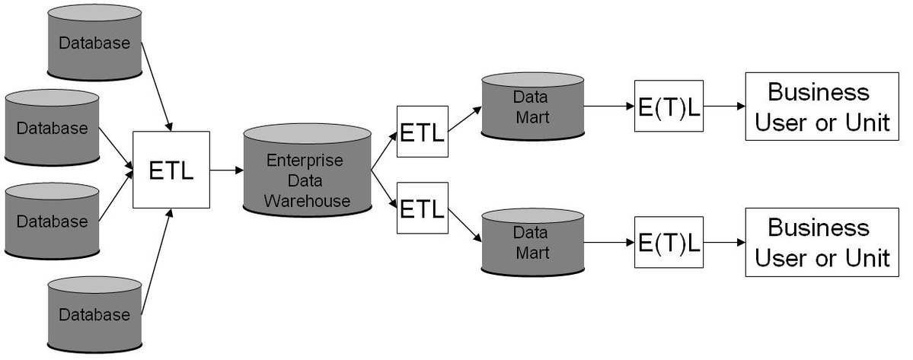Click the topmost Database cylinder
(94, 43)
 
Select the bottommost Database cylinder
(94, 314)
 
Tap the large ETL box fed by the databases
(171, 170)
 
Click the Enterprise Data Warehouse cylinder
(308, 170)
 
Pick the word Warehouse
(308, 201)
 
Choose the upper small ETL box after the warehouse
(423, 132)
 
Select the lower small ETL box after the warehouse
(423, 209)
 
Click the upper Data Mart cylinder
(533, 107)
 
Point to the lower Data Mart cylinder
(533, 243)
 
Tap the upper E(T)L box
(669, 106)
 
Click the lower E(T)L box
(669, 242)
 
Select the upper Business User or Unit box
(822, 107)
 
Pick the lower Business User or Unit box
(822, 243)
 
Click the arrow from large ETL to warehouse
(226, 170)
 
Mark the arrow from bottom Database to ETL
(157, 262)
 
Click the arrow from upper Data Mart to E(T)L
(609, 107)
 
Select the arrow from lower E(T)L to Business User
(725, 243)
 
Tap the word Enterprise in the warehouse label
(305, 160)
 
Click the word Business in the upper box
(819, 92)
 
